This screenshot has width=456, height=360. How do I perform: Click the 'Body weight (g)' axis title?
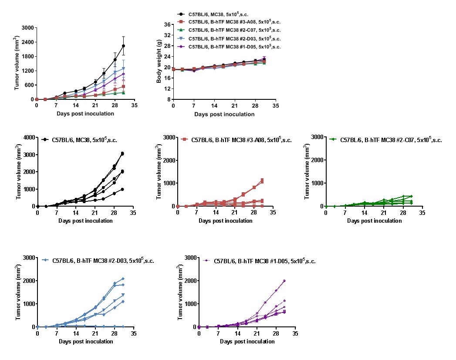pos(159,61)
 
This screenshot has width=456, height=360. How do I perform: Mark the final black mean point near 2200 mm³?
pos(124,46)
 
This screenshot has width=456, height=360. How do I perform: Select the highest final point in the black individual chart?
pos(122,153)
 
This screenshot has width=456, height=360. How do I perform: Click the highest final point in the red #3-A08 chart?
pos(262,180)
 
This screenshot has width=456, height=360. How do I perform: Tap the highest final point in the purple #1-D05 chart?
pos(284,281)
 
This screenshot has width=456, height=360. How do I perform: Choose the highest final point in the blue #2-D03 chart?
pos(123,279)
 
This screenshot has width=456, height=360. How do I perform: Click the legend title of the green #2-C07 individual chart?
pos(391,140)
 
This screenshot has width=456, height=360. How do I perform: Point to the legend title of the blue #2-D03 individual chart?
pos(103,261)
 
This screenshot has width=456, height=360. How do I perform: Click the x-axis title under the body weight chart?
pos(224,114)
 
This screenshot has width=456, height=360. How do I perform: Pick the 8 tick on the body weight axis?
pos(168,99)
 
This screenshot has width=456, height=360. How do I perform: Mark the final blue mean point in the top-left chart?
pos(124,68)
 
